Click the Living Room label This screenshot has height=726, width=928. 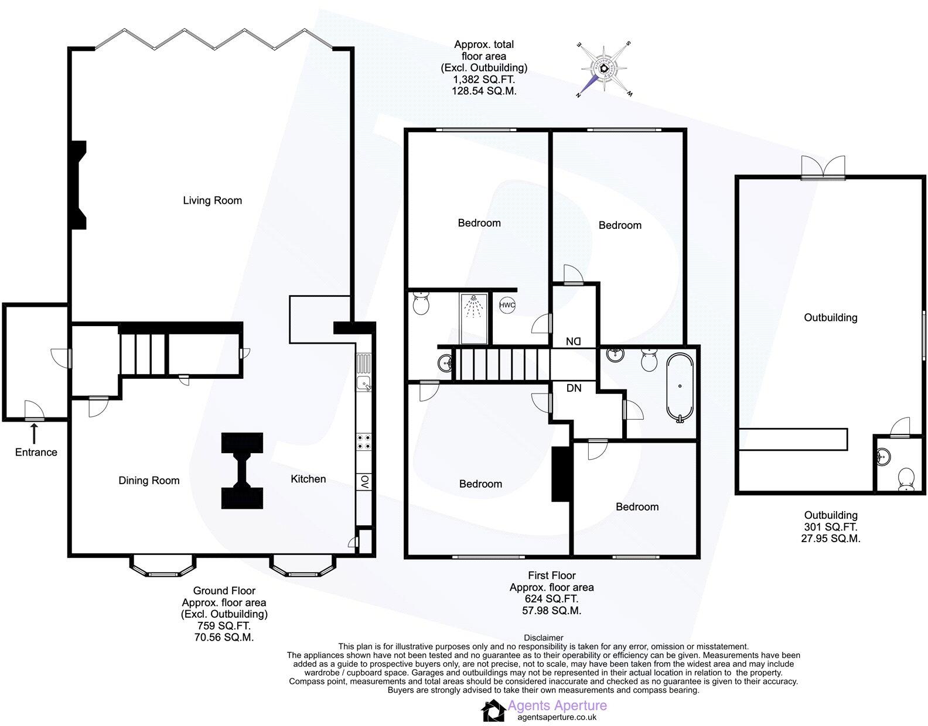212,200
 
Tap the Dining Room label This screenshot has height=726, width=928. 149,480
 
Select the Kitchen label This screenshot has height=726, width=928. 308,478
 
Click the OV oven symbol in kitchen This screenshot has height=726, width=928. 364,481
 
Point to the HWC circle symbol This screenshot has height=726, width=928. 507,305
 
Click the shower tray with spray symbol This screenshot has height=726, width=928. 474,319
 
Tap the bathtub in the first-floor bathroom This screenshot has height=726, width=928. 680,386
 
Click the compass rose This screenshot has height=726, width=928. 603,68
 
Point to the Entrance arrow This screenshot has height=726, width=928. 35,433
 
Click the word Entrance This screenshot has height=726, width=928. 36,452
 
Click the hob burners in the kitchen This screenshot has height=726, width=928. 363,441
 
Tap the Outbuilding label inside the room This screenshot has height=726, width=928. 830,317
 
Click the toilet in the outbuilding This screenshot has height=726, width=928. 906,478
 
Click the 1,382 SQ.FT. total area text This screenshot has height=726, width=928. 483,80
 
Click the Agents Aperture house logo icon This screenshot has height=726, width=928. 493,711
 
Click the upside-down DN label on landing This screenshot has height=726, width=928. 573,341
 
